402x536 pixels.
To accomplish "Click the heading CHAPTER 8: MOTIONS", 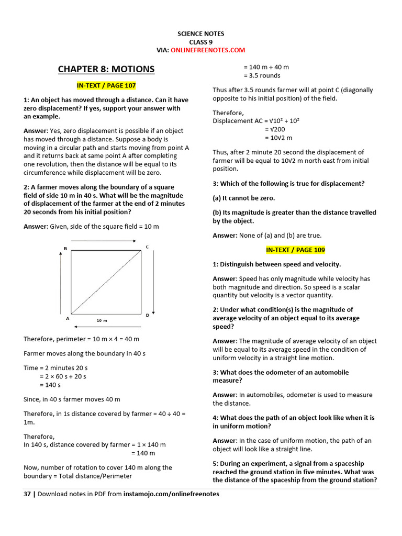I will click(x=106, y=69).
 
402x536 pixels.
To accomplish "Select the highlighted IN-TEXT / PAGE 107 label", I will click(x=106, y=85).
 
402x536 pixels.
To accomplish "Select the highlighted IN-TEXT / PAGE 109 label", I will click(x=295, y=250).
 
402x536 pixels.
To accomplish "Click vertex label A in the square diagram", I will click(x=67, y=318).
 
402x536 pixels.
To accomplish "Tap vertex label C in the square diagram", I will click(x=147, y=247).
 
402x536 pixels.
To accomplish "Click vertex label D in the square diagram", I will click(x=147, y=315).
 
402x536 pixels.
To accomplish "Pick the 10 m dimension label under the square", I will click(x=102, y=319).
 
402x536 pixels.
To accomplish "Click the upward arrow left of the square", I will click(x=62, y=283).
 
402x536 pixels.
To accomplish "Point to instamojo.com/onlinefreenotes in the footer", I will click(x=172, y=494).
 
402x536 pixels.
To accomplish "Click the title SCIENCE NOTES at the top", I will click(x=200, y=33).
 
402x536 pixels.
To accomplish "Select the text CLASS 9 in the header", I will click(x=200, y=42).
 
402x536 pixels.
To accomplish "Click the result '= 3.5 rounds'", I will click(x=262, y=75).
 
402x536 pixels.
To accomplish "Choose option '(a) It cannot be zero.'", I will click(x=243, y=198).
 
